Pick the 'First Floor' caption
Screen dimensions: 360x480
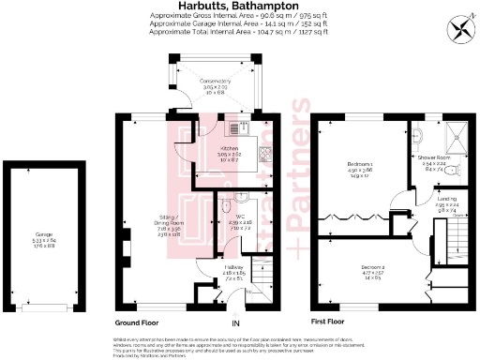click(x=335, y=319)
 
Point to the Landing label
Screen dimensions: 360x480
click(x=445, y=201)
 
